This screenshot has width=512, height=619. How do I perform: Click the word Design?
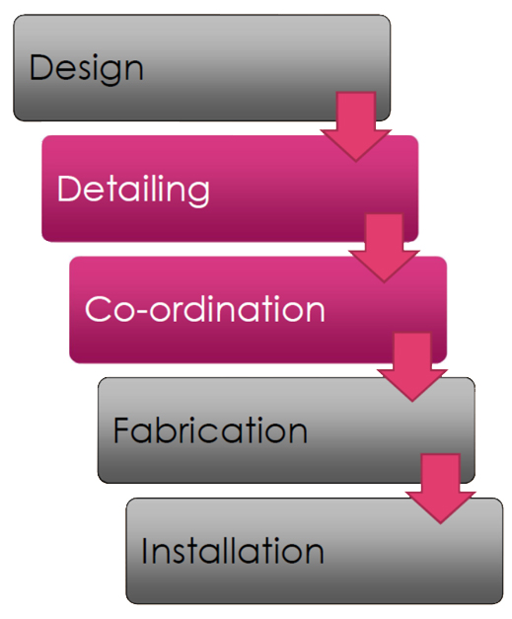tap(86, 69)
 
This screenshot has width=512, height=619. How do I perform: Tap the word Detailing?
tap(133, 191)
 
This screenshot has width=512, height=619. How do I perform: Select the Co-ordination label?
tap(205, 309)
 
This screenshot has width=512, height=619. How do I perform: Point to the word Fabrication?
tap(210, 429)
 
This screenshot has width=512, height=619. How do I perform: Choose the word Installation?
tap(233, 551)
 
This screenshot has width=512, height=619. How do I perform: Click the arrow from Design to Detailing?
tap(356, 126)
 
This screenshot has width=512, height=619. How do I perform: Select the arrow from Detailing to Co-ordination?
tap(384, 248)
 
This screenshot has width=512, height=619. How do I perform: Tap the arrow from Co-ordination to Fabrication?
tap(412, 367)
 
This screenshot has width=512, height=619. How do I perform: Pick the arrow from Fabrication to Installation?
tap(440, 489)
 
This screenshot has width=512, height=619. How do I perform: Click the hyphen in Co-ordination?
tap(141, 311)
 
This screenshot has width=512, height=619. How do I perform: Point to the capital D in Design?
tap(41, 67)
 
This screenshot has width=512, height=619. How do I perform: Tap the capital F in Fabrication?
tap(121, 429)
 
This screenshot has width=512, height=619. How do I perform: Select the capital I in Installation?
tap(144, 551)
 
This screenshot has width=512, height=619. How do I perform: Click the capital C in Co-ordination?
tap(98, 309)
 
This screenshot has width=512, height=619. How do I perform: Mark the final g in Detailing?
tap(199, 194)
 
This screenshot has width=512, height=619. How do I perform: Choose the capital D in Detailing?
tap(70, 189)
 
